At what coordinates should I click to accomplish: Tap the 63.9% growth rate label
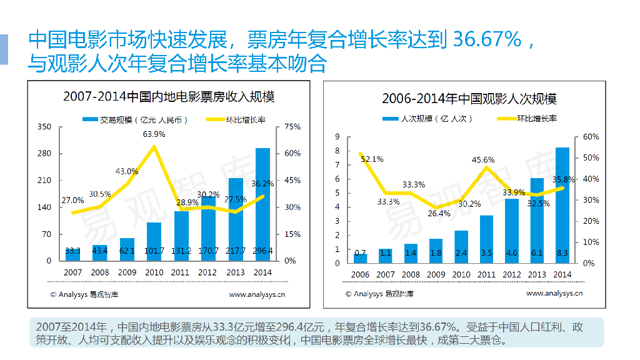[154, 134]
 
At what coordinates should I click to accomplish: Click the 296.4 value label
[262, 251]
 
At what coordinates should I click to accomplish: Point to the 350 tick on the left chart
[44, 127]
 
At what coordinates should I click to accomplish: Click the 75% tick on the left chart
[292, 127]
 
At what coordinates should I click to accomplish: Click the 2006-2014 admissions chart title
[469, 99]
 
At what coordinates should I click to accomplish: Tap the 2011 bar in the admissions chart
[487, 239]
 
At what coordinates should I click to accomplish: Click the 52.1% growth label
[372, 159]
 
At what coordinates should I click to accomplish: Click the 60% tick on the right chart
[591, 137]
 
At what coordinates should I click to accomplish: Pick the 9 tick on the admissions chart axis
[337, 137]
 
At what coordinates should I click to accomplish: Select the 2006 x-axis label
[361, 274]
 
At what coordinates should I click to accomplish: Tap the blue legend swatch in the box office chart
[91, 119]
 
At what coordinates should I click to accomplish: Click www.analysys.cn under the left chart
[257, 294]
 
